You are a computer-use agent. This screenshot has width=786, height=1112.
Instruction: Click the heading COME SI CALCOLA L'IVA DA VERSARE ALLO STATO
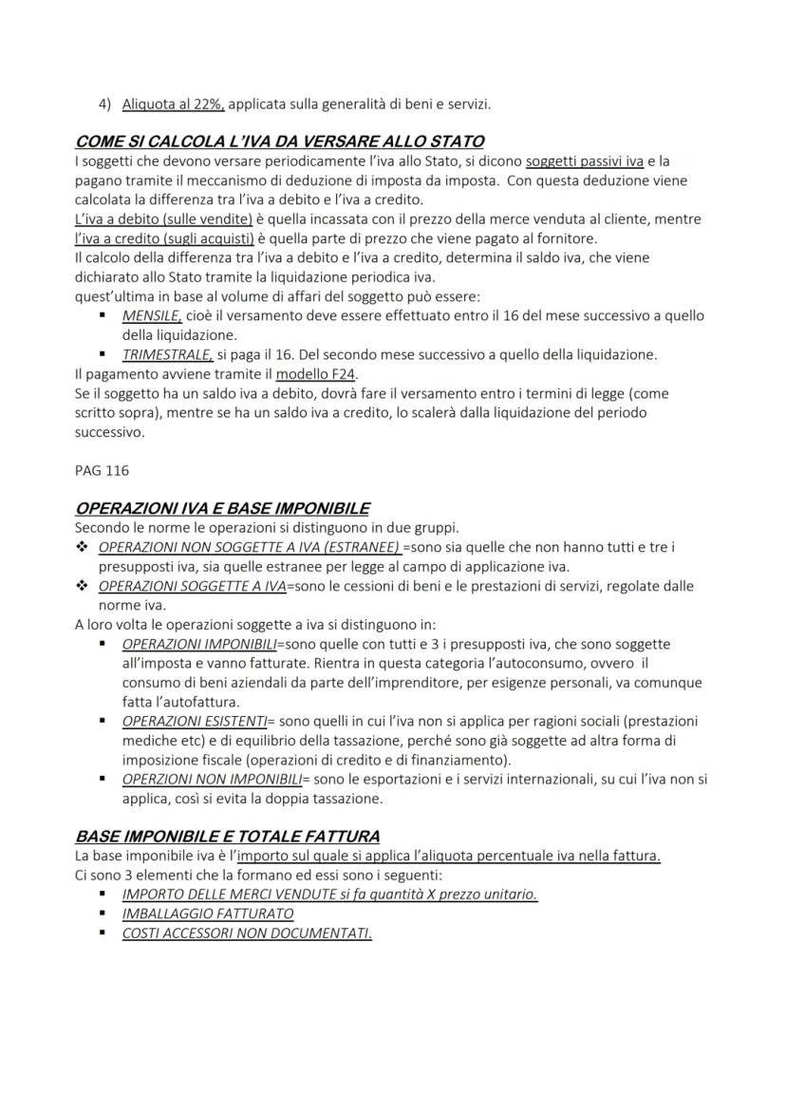pos(279,142)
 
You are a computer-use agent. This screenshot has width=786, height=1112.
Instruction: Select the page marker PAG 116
pos(102,470)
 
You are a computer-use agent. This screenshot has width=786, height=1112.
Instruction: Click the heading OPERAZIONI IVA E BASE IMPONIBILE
pos(222,508)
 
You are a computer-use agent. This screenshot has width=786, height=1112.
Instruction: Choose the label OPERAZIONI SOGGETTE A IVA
pos(192,586)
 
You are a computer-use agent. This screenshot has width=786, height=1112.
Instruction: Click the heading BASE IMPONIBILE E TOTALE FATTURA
pos(227,837)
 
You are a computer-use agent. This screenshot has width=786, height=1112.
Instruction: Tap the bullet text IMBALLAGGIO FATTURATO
pos(208,914)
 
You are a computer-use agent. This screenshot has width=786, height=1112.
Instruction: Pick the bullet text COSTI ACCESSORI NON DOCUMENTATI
pos(247,933)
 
